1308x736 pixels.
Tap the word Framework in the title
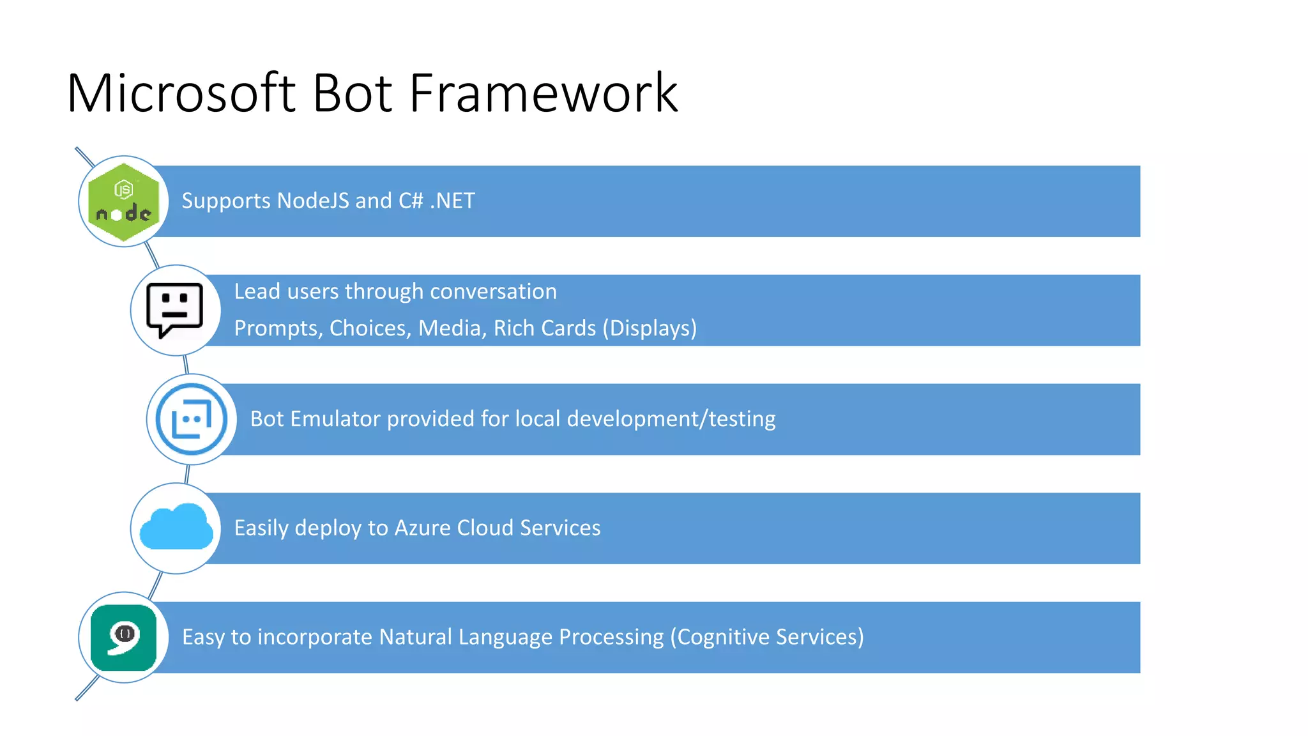point(543,93)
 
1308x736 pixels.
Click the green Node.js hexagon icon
point(123,202)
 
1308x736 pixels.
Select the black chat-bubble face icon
point(174,310)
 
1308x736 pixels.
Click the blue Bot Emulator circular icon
point(192,420)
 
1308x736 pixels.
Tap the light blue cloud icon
point(176,528)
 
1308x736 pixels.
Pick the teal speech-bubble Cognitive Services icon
point(123,637)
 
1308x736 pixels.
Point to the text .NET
point(452,201)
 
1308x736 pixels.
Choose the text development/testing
point(671,419)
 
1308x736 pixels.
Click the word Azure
point(422,528)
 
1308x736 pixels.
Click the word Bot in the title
point(351,93)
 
